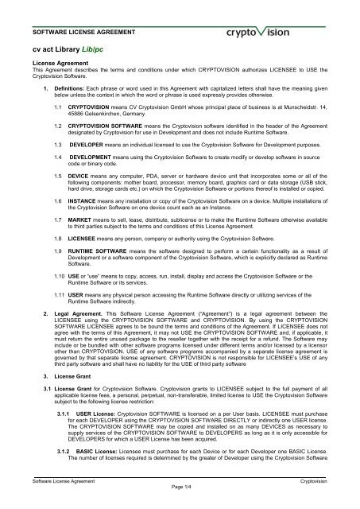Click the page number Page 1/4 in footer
(x=180, y=503)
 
